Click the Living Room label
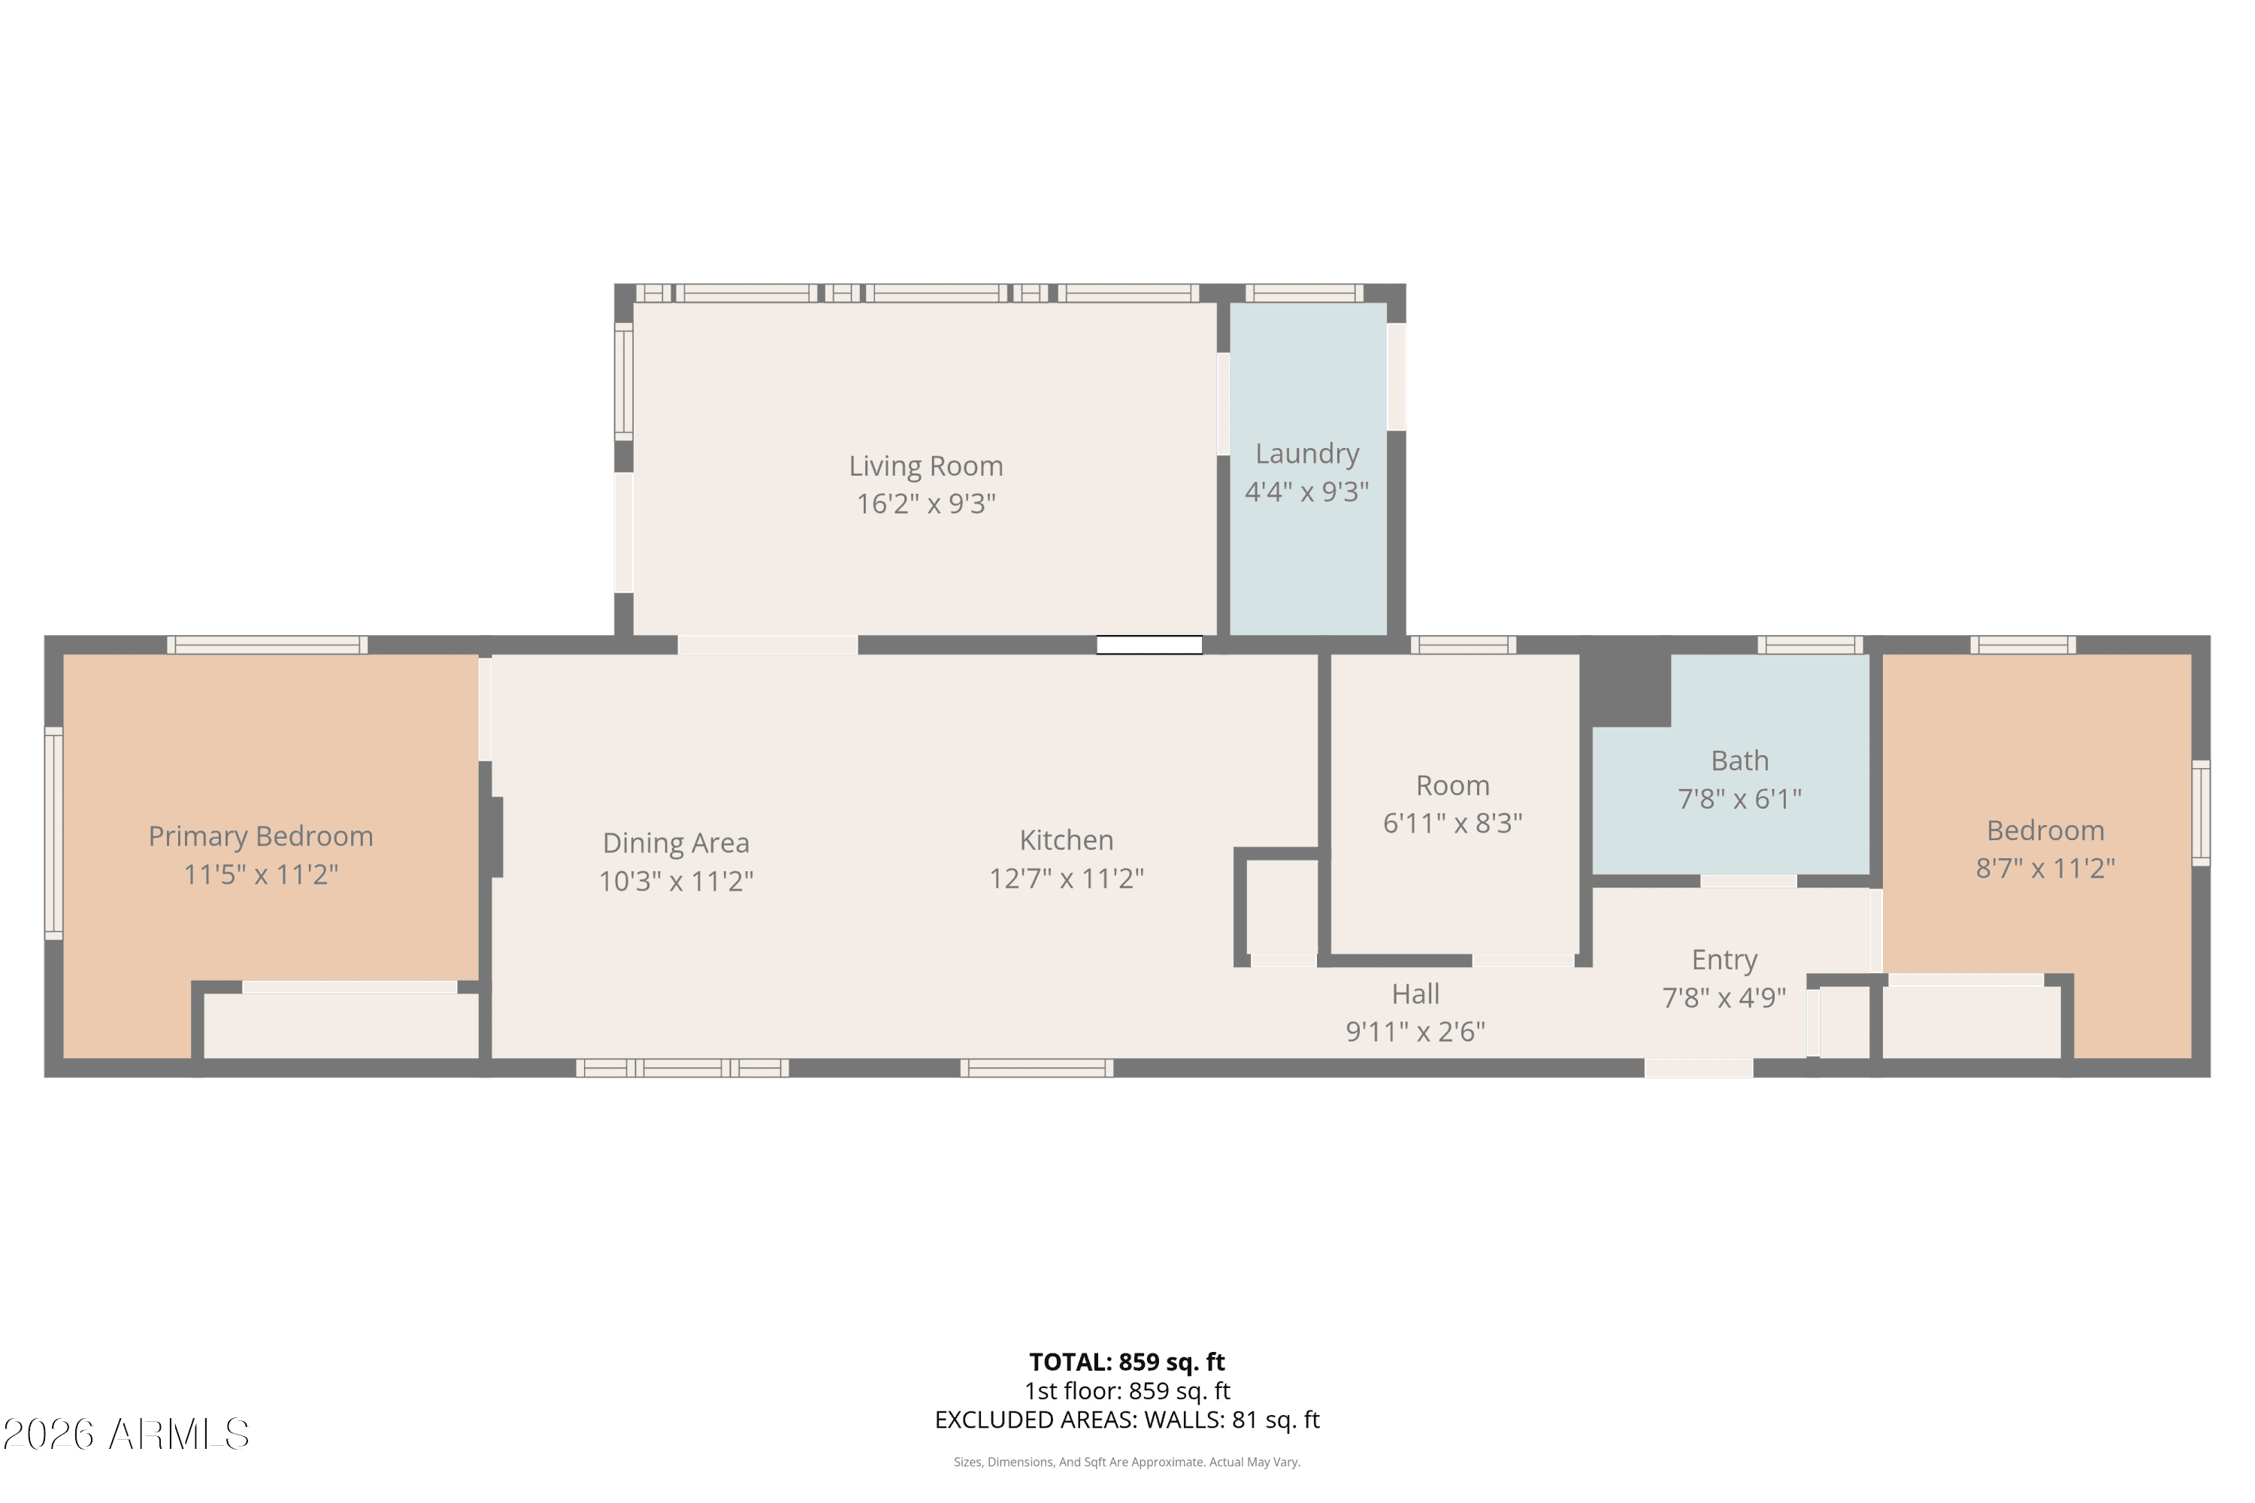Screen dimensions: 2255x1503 tap(925, 466)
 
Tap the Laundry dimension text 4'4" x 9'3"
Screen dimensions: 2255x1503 tap(1307, 491)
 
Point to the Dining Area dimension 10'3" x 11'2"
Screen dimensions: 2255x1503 tap(676, 881)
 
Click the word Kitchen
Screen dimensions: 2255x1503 tap(1066, 841)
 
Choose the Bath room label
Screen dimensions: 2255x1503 tap(1739, 761)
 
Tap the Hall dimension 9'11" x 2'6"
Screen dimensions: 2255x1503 tap(1415, 1031)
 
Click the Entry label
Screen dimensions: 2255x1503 tap(1724, 960)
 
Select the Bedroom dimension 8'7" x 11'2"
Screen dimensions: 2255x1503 tap(2045, 869)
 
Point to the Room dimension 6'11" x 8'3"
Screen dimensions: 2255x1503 tap(1452, 824)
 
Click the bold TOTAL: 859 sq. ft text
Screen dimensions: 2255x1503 tap(1127, 1362)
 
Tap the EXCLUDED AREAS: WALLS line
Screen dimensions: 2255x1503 tap(1127, 1420)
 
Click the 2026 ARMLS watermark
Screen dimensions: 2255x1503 tap(126, 1435)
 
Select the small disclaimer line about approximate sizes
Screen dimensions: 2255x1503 tap(1127, 1462)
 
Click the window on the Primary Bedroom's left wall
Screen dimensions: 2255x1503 tap(53, 833)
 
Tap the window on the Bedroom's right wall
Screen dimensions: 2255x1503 tap(2202, 813)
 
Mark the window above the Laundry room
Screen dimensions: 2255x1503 tap(1304, 293)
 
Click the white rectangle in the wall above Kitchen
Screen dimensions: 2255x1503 tap(1149, 645)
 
